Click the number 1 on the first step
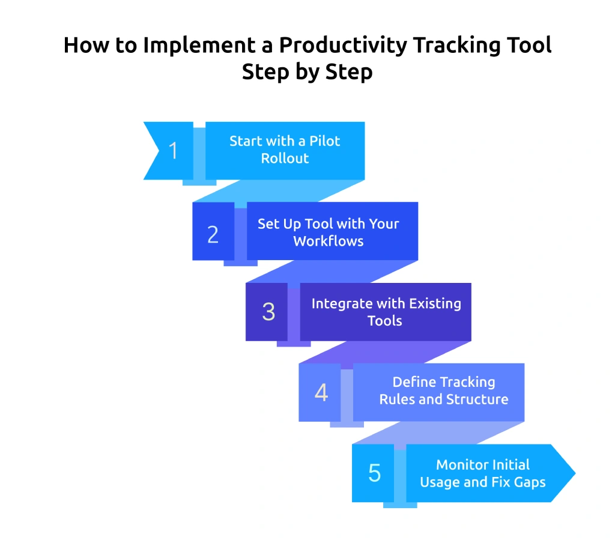[x=174, y=151]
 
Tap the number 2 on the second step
[x=213, y=234]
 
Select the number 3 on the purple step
[x=268, y=312]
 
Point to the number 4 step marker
[x=321, y=393]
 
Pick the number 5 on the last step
[x=374, y=473]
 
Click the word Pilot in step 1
[x=324, y=141]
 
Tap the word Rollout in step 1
[x=285, y=159]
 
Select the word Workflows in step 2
[x=328, y=241]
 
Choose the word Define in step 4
[x=414, y=382]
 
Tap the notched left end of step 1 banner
[x=155, y=151]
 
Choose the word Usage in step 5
[x=442, y=482]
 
